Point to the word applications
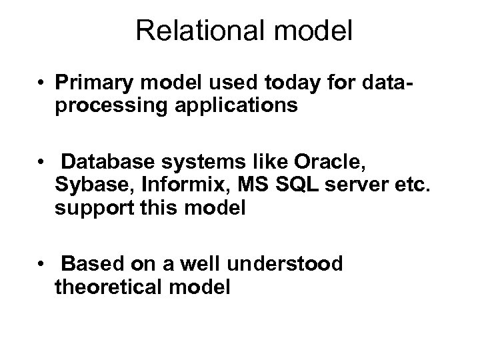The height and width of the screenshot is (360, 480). pos(219,107)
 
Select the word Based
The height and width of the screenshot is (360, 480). pos(85,264)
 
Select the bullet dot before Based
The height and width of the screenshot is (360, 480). pos(42,265)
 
